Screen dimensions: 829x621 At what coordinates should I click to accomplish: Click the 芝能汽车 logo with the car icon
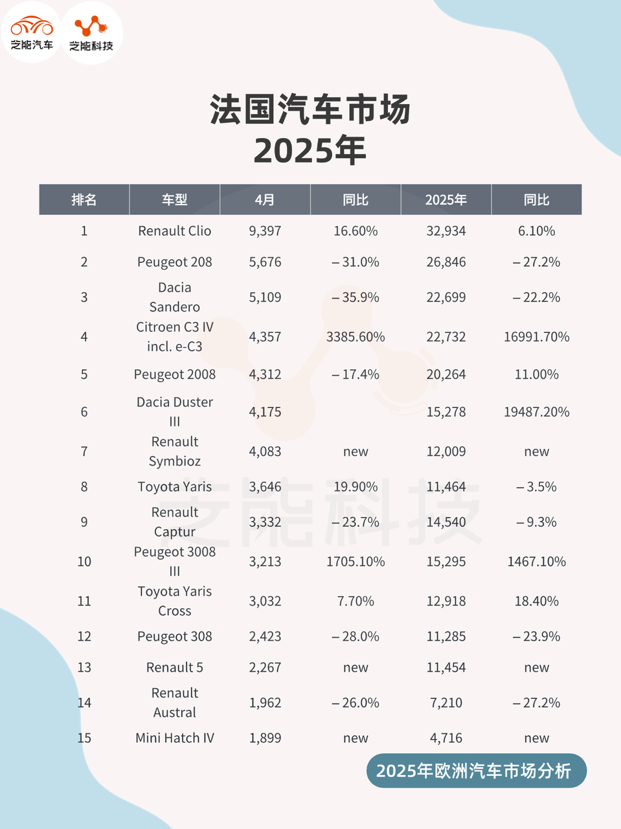tap(32, 32)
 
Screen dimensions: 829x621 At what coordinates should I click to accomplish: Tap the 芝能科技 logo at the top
tap(91, 33)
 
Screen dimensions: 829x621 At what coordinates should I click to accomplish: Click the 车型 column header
tap(175, 199)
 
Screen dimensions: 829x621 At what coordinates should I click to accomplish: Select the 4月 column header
tap(265, 199)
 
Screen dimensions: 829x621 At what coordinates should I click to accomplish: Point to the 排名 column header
tap(84, 199)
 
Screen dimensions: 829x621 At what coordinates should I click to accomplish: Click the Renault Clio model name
tap(175, 231)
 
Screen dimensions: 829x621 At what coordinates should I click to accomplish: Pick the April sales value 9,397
tap(265, 231)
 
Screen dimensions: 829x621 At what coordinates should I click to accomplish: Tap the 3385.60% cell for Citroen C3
tap(356, 337)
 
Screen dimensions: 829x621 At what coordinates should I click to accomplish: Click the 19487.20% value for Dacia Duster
tap(536, 412)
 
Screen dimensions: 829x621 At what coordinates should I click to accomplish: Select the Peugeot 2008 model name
tap(175, 374)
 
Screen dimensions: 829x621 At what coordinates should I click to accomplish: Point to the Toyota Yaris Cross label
tap(175, 601)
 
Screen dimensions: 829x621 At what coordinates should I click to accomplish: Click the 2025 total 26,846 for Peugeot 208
tap(446, 262)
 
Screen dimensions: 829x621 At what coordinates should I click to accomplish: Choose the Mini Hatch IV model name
tap(175, 738)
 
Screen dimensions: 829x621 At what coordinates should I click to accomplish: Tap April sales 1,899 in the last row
tap(265, 738)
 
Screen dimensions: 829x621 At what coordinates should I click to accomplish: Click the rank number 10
tap(84, 562)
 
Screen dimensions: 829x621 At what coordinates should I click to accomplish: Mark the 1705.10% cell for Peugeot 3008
tap(356, 562)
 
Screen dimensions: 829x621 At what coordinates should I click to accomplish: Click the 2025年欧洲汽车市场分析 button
tap(476, 771)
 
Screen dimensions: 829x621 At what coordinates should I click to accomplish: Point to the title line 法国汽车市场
tap(310, 109)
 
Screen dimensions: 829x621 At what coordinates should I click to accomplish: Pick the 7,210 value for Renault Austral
tap(446, 703)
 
